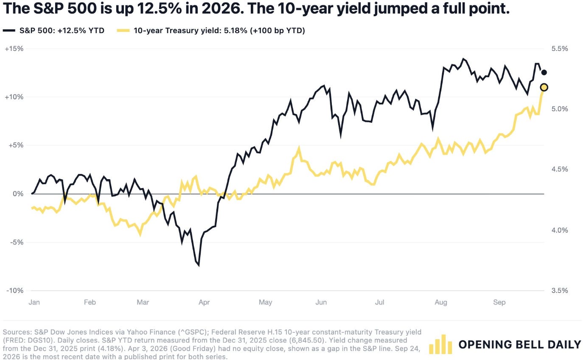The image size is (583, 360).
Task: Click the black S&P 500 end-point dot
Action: pyautogui.click(x=544, y=73)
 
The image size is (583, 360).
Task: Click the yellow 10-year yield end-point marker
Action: pyautogui.click(x=544, y=87)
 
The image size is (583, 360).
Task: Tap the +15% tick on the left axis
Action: pyautogui.click(x=14, y=49)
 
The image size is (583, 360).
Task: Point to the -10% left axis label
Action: pyautogui.click(x=15, y=290)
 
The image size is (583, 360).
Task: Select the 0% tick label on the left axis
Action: pyautogui.click(x=18, y=194)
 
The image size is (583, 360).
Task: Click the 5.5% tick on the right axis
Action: pyautogui.click(x=560, y=49)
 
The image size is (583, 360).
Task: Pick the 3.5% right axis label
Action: pyautogui.click(x=560, y=290)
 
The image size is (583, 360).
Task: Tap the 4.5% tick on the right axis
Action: pyautogui.click(x=560, y=169)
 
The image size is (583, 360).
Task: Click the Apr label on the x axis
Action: pyautogui.click(x=204, y=302)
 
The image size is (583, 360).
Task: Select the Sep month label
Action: pyautogui.click(x=499, y=302)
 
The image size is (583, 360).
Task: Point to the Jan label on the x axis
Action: pyautogui.click(x=34, y=302)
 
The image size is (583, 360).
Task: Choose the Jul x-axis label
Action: pyautogui.click(x=379, y=302)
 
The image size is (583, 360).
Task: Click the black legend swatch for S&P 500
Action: pyautogui.click(x=9, y=31)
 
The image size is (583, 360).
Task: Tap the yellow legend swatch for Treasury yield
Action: pyautogui.click(x=123, y=31)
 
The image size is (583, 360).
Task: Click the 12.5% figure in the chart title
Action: pyautogui.click(x=159, y=8)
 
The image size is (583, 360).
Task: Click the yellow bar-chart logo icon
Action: pyautogui.click(x=440, y=344)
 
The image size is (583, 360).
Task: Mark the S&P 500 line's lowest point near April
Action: pyautogui.click(x=199, y=266)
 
